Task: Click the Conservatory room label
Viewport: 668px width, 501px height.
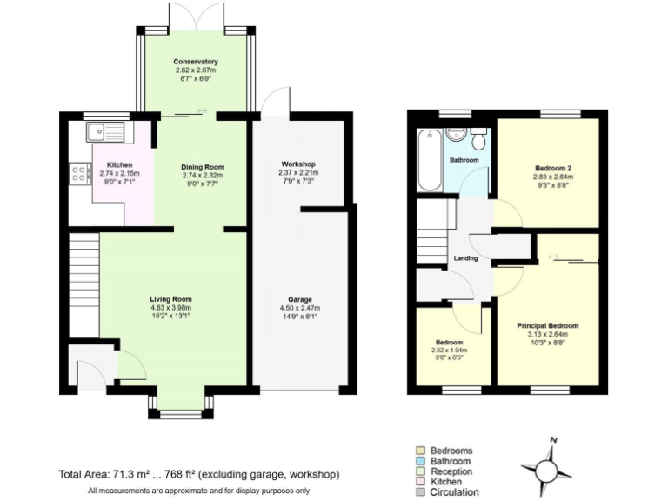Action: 195,62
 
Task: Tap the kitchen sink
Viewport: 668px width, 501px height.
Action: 106,132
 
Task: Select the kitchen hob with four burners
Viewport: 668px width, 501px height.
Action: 80,173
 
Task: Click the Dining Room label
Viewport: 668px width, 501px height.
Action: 202,167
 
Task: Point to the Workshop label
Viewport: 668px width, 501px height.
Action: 297,164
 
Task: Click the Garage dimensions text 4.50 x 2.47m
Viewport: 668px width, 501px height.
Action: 299,308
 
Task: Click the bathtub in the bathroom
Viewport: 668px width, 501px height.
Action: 429,160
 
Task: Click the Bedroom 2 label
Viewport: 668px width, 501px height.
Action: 552,167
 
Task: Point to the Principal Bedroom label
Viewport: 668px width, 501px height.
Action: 547,325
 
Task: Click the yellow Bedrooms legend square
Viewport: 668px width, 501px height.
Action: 419,451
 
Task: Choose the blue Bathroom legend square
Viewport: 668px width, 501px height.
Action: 419,461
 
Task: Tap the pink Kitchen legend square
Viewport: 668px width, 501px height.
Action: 419,481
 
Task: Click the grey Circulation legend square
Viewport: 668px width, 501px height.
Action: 419,491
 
